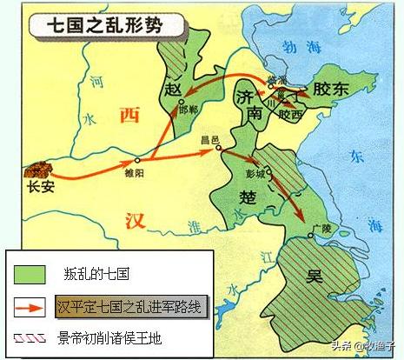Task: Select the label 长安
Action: (40, 186)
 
